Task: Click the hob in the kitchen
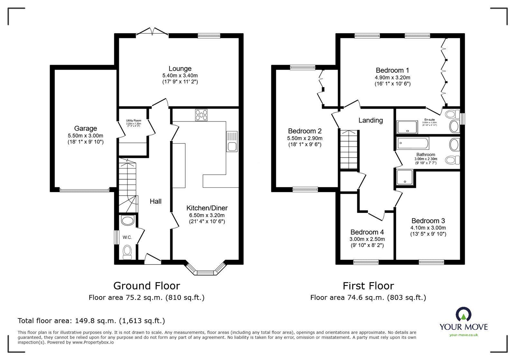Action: [201, 115]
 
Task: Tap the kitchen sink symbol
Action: [232, 141]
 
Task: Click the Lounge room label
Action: [180, 69]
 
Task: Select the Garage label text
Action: [85, 128]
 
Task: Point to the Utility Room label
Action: [134, 121]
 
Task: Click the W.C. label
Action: [127, 237]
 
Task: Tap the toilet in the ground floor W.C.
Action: [128, 252]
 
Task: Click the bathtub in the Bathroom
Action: [413, 143]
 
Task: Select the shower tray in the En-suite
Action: [407, 127]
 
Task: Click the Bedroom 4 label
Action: [367, 232]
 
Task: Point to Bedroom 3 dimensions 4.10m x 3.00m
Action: [428, 228]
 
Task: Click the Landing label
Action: [370, 120]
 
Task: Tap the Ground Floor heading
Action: [146, 286]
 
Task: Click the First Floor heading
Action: [368, 286]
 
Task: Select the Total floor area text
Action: [91, 321]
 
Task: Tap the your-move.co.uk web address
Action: [464, 335]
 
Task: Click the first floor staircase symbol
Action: [349, 149]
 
